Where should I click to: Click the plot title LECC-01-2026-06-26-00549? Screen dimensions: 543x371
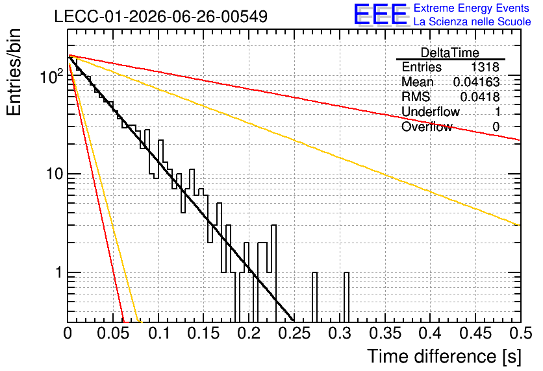pos(161,16)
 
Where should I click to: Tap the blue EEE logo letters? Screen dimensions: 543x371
pos(381,14)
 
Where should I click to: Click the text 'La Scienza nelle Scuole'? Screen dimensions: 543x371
pos(472,22)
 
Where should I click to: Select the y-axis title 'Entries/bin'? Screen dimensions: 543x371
pos(14,73)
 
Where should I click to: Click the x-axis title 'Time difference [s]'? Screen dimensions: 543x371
pos(444,356)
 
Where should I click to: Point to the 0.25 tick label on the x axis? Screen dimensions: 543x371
pos(294,333)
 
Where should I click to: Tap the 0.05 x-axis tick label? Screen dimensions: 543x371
pos(114,333)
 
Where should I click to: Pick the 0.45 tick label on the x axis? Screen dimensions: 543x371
pos(475,333)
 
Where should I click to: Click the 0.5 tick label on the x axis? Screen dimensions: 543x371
pos(521,333)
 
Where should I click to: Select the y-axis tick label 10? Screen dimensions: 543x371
pos(55,174)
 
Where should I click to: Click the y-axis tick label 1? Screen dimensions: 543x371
pos(58,272)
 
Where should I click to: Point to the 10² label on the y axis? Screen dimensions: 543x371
pos(52,76)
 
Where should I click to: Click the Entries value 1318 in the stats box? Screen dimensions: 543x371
pos(485,67)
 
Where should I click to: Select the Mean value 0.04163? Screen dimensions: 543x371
pos(477,82)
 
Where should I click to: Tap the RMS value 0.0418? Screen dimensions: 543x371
pos(480,97)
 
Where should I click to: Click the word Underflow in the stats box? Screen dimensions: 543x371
pos(431,112)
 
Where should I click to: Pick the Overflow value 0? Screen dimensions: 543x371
pos(496,127)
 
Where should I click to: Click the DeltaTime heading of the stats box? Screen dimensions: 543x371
pos(450,53)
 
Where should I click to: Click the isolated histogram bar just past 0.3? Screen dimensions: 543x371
pos(346,297)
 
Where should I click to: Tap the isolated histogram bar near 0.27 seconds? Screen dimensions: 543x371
pos(314,297)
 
